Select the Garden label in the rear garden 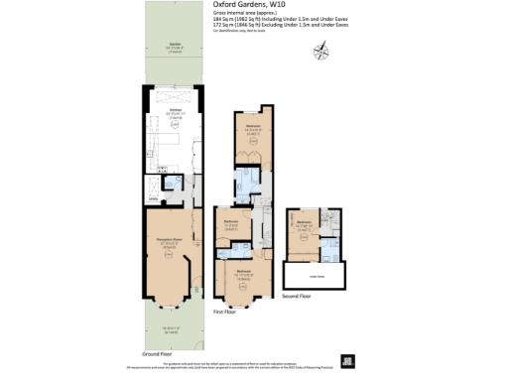[x=175, y=46]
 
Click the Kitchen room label [x=175, y=111]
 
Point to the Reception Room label [x=168, y=240]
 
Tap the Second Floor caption [x=296, y=296]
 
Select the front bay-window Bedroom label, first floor [x=243, y=271]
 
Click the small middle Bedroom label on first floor [x=230, y=223]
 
